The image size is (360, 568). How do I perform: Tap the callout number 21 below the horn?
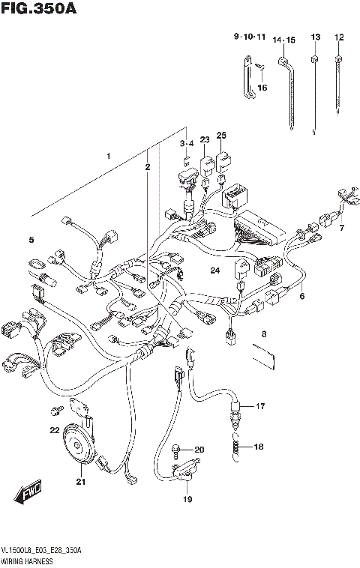[80, 482]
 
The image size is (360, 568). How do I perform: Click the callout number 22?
[53, 430]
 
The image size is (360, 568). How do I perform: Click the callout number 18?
[259, 447]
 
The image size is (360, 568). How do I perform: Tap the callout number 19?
[188, 500]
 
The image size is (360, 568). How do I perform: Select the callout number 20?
[199, 450]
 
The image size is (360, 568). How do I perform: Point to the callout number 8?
[263, 333]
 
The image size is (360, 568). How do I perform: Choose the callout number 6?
[302, 296]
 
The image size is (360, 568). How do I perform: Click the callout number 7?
[340, 228]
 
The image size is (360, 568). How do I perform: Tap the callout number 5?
[31, 240]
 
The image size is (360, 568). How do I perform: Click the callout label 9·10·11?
[249, 36]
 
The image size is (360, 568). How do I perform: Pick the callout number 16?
[262, 88]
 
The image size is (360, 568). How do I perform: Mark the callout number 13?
[315, 37]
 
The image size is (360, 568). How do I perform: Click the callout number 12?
[339, 37]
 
